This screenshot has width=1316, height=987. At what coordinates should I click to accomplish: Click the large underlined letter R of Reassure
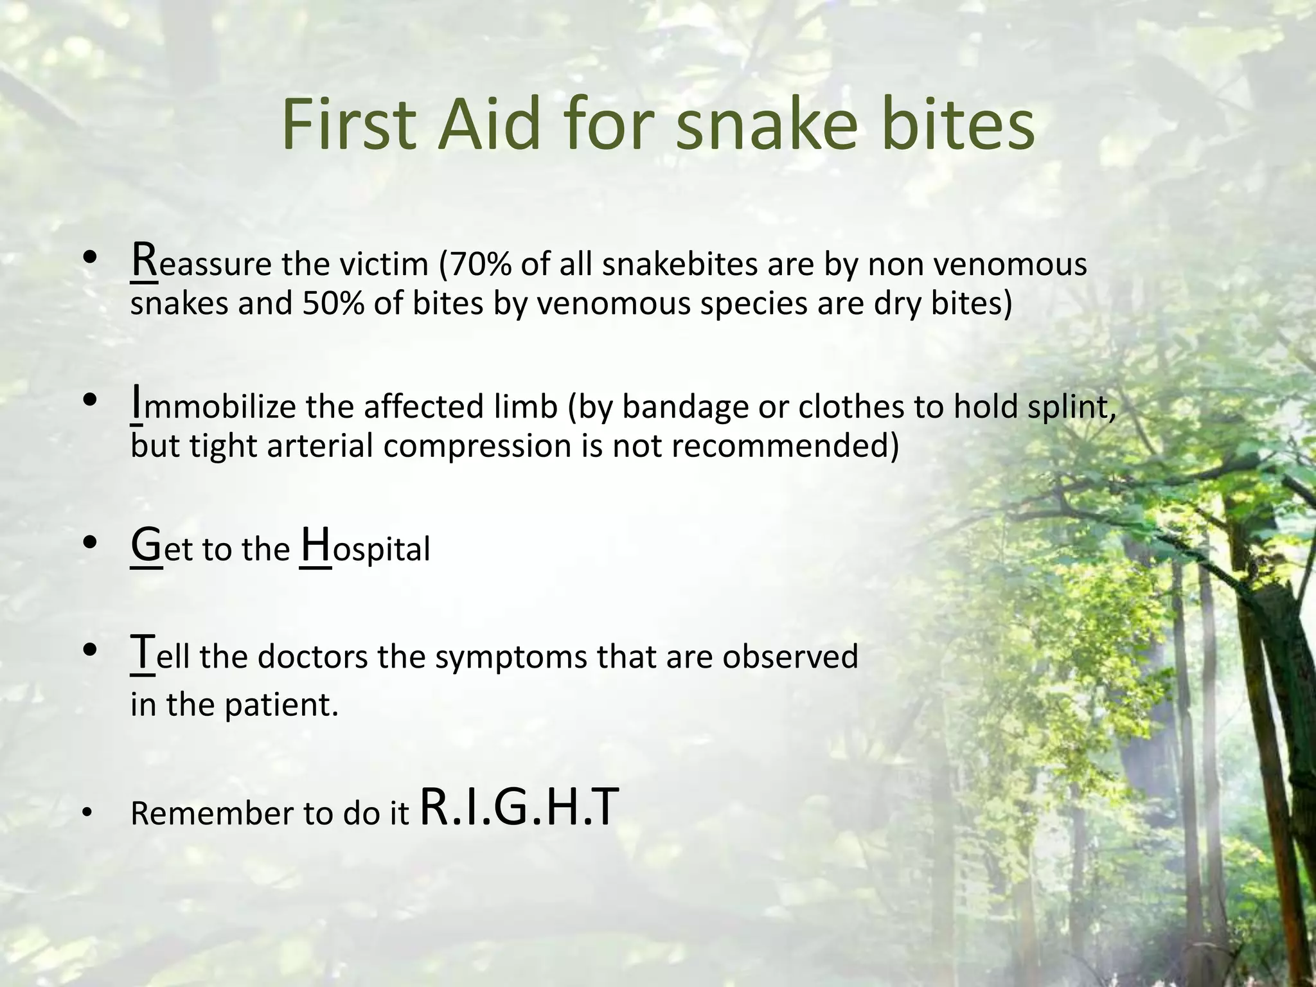pyautogui.click(x=143, y=260)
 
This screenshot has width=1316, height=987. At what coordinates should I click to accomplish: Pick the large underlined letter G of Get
pyautogui.click(x=146, y=546)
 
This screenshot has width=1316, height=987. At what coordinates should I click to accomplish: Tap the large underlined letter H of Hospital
pyautogui.click(x=316, y=546)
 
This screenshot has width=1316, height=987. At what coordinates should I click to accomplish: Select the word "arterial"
pyautogui.click(x=320, y=446)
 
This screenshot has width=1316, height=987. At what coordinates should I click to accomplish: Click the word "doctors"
pyautogui.click(x=313, y=657)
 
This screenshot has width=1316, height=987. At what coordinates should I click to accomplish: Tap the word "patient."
pyautogui.click(x=281, y=705)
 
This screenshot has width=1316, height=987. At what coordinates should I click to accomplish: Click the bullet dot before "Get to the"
pyautogui.click(x=90, y=543)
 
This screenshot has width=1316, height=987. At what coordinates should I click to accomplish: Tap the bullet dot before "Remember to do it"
pyautogui.click(x=87, y=814)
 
